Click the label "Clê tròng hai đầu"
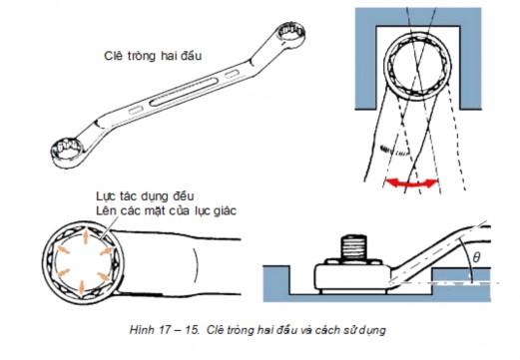click(x=153, y=56)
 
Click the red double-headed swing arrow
click(x=411, y=183)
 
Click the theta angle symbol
click(x=476, y=257)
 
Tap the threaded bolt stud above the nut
click(x=353, y=247)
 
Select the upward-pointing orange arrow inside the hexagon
click(x=85, y=235)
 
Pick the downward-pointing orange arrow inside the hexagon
click(x=82, y=286)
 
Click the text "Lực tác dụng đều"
click(x=145, y=196)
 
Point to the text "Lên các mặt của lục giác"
click(x=166, y=210)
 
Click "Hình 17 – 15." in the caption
click(x=164, y=330)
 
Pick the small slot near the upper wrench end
click(x=232, y=74)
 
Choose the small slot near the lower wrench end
click(x=136, y=110)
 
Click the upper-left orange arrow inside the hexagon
click(x=63, y=249)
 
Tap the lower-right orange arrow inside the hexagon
click(x=104, y=275)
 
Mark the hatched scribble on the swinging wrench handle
click(x=392, y=150)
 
